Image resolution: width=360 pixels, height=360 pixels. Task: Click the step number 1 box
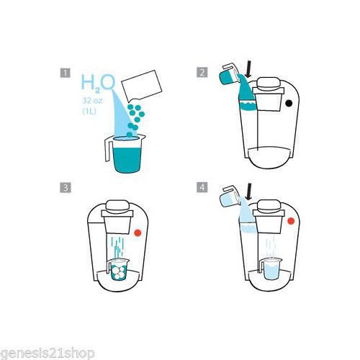[x=65, y=73]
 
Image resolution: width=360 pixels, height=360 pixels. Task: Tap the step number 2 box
[x=202, y=72]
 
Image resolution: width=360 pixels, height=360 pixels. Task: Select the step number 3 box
[x=66, y=187]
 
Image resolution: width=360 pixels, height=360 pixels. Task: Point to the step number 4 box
[x=202, y=187]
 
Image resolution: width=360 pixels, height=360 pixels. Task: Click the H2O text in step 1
[x=98, y=83]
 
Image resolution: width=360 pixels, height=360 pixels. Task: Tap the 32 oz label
[x=92, y=100]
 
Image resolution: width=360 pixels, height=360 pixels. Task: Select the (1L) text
[x=89, y=111]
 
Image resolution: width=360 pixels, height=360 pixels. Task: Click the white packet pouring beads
[x=142, y=85]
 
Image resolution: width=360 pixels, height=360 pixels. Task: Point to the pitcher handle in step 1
[x=108, y=150]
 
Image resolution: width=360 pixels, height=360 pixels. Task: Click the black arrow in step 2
[x=250, y=69]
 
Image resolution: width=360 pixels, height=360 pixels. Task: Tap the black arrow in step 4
[x=250, y=192]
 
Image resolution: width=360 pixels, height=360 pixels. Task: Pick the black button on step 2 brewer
[x=289, y=103]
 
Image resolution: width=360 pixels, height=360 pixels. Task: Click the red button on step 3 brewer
[x=138, y=233]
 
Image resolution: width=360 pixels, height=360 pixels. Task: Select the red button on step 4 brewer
[x=291, y=221]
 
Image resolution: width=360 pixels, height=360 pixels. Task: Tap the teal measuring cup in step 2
[x=228, y=75]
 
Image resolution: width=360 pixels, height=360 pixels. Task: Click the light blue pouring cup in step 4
[x=228, y=196]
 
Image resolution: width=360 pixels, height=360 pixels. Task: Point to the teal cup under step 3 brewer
[x=118, y=269]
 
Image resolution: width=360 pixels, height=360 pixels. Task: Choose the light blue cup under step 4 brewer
[x=271, y=269]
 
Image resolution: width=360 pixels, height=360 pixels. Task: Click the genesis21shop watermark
[x=48, y=354]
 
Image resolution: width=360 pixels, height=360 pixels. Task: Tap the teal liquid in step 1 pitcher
[x=127, y=160]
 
